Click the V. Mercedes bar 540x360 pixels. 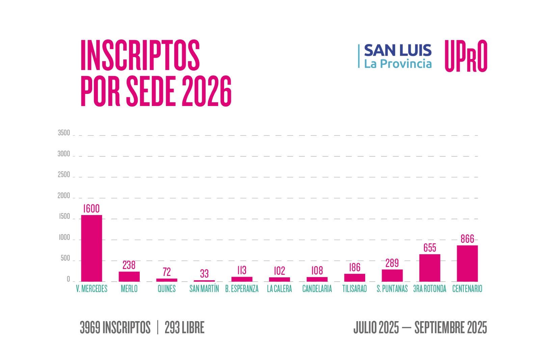pos(91,248)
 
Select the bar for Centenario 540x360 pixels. pos(467,263)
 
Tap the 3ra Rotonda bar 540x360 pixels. pos(430,268)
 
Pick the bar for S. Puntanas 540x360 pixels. pos(392,275)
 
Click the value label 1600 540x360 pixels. pos(91,209)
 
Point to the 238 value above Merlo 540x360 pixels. pos(129,265)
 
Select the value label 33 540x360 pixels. pos(204,274)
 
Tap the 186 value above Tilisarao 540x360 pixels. pos(355,267)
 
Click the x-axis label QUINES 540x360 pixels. pos(167,289)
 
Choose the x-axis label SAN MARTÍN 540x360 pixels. pos(204,289)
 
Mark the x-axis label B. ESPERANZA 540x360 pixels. pos(242,289)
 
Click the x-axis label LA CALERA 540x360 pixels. pos(279,289)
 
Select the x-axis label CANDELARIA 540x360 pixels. pos(317,289)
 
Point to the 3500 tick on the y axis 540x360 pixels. pos(64,133)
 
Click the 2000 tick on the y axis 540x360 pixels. pos(64,196)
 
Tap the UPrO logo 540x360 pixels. pos(466,56)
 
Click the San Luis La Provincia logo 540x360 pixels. pos(395,56)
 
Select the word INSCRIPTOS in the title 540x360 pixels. pos(140,55)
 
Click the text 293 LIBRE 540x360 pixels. pos(184,328)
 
